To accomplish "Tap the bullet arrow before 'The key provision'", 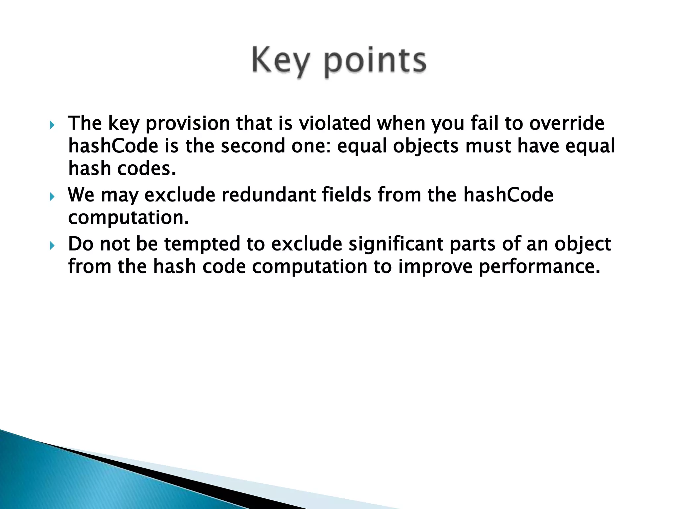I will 52,125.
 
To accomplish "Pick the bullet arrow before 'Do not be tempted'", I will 52,246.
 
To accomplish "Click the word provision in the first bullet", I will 188,124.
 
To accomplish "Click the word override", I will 567,123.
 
